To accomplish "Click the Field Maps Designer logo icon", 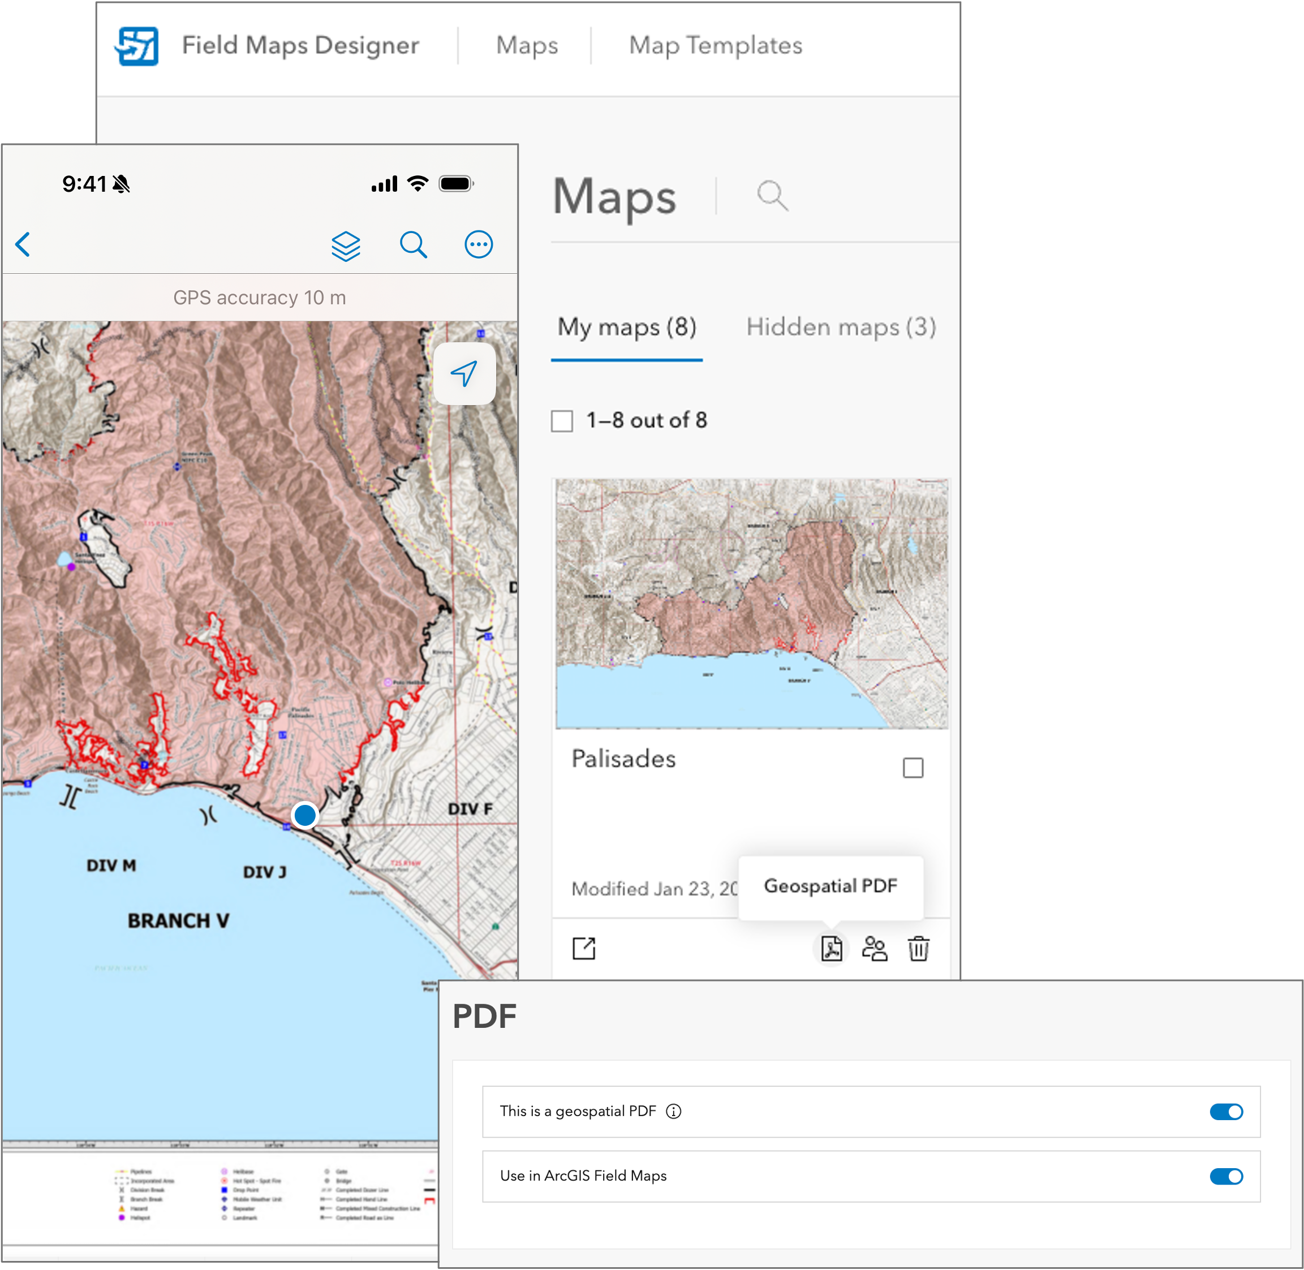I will [137, 46].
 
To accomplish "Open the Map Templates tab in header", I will [715, 45].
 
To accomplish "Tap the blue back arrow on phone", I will [23, 244].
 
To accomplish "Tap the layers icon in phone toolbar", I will [346, 246].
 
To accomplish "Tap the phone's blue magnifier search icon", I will [413, 245].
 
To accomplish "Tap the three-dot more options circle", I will [478, 245].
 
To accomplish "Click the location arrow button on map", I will [464, 373].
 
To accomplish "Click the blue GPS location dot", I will [305, 815].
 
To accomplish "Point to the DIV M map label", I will [111, 865].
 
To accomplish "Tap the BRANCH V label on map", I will [178, 920].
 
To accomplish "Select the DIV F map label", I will [470, 809].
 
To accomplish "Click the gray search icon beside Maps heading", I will [772, 196].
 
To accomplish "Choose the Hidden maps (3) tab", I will [841, 327].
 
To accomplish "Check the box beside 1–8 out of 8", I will [562, 421].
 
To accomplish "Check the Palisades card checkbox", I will [913, 768].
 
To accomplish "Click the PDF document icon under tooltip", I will [831, 948].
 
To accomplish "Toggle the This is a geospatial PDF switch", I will [1225, 1111].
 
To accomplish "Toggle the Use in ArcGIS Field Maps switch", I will [1225, 1176].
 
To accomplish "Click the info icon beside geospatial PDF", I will [674, 1111].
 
